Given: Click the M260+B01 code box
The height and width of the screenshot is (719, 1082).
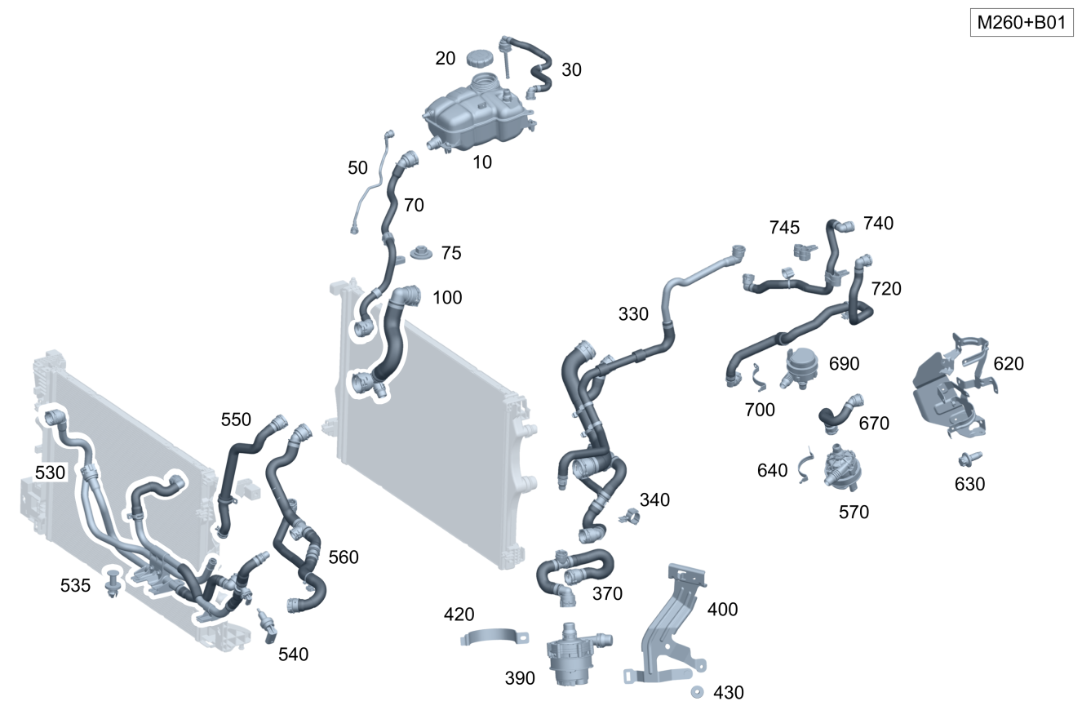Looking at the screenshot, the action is click(x=1022, y=22).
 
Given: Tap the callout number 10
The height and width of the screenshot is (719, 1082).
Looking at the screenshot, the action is click(x=482, y=162).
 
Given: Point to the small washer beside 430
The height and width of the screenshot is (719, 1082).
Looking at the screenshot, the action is click(x=697, y=692).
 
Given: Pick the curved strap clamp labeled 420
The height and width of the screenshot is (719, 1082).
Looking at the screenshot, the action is click(x=494, y=637).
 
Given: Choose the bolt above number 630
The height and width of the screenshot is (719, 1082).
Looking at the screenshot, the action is click(x=969, y=459).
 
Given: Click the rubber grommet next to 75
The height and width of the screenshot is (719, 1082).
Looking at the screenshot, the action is click(x=422, y=253).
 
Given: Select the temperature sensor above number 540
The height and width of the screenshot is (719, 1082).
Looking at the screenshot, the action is click(x=266, y=626).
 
